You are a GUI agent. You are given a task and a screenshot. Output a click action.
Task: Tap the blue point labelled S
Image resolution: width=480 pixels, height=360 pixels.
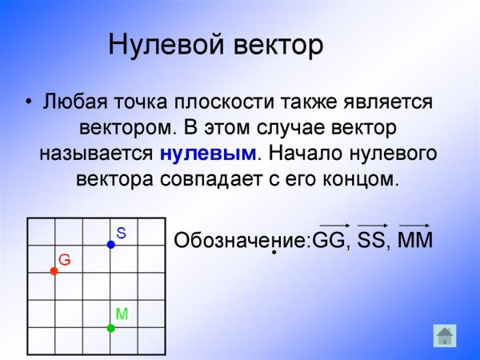tap(111, 244)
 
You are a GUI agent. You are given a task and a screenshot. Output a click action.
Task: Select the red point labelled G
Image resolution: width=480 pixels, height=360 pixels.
tap(54, 271)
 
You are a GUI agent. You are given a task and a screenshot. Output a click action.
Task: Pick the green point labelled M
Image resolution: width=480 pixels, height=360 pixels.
tap(111, 327)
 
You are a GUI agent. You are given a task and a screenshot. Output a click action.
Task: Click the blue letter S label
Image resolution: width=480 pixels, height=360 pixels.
tap(122, 233)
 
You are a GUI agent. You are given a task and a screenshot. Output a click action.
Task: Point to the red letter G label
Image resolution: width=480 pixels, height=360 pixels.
tap(65, 260)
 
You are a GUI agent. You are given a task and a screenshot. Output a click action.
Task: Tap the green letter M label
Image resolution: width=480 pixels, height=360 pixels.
tap(122, 314)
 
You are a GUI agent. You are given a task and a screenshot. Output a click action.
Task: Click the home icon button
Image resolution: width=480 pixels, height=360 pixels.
tap(445, 334)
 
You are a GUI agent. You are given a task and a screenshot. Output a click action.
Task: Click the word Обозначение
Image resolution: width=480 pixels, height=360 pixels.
tap(241, 240)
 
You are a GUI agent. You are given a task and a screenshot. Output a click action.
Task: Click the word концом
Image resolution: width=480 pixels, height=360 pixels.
tap(364, 178)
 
